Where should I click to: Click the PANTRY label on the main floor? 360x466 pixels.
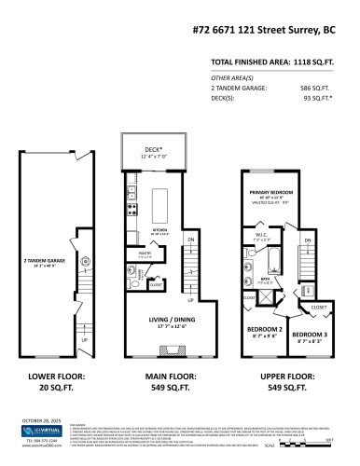click(x=145, y=252)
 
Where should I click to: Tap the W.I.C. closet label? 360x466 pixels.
click(x=262, y=237)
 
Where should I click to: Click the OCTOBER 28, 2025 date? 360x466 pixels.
click(x=42, y=419)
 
